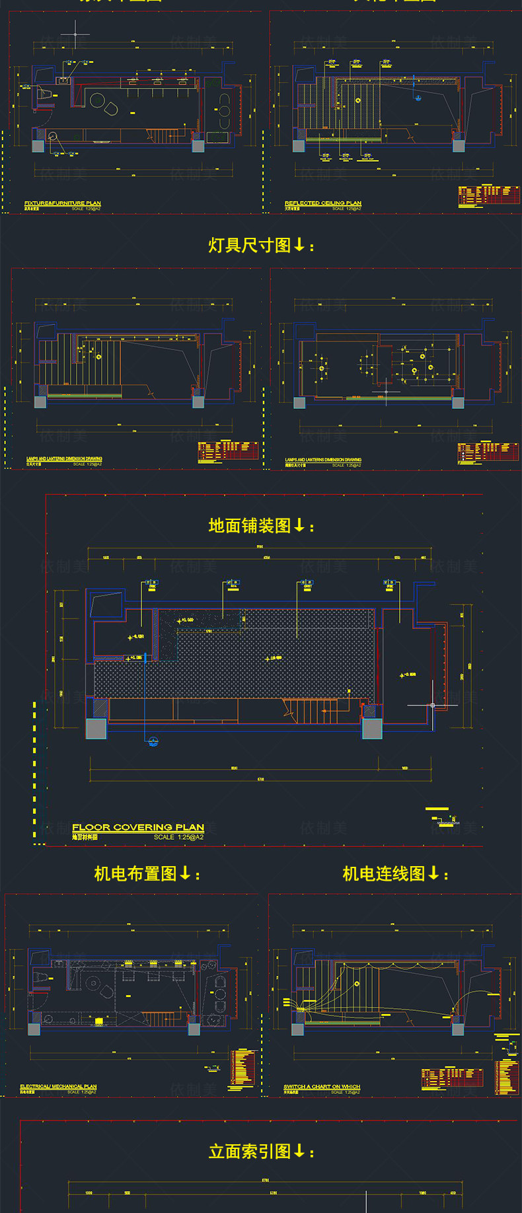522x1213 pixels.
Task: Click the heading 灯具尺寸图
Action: pyautogui.click(x=250, y=246)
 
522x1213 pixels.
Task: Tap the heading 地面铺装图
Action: pyautogui.click(x=250, y=526)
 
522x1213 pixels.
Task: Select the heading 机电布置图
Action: pyautogui.click(x=135, y=873)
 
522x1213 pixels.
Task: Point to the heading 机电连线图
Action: pyautogui.click(x=384, y=873)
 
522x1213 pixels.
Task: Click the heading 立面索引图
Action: pyautogui.click(x=250, y=1152)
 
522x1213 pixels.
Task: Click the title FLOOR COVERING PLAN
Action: pyautogui.click(x=138, y=827)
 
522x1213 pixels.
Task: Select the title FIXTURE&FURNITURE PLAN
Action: pyautogui.click(x=63, y=203)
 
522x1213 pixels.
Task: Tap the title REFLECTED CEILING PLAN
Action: pyautogui.click(x=323, y=203)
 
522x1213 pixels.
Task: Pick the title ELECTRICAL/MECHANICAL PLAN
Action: pyautogui.click(x=58, y=1086)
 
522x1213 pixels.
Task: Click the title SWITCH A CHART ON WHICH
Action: pyautogui.click(x=322, y=1086)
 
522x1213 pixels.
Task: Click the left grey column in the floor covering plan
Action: pyautogui.click(x=96, y=728)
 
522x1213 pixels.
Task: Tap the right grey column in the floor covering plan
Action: pyautogui.click(x=372, y=728)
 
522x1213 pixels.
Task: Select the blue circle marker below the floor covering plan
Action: pyautogui.click(x=153, y=741)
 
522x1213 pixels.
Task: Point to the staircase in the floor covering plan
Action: pyautogui.click(x=311, y=712)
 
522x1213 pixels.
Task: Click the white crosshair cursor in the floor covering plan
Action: pyautogui.click(x=433, y=706)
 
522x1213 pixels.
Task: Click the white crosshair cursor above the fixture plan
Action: pyautogui.click(x=75, y=34)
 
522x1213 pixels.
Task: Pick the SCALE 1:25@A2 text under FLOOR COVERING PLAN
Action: pyautogui.click(x=178, y=837)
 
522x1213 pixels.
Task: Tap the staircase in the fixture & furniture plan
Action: pyautogui.click(x=162, y=137)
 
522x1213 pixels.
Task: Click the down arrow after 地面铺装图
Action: pyautogui.click(x=299, y=525)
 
